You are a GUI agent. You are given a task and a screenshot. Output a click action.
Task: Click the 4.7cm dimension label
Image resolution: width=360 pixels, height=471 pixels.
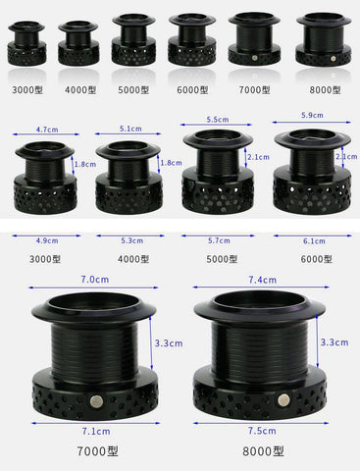tap(47, 130)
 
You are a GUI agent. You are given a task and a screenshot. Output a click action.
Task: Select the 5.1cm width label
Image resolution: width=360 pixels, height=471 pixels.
tap(130, 129)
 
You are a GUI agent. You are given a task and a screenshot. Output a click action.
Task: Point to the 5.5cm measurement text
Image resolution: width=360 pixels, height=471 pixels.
tap(218, 120)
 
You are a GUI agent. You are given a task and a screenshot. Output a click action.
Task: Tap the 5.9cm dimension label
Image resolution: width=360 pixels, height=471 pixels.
tap(312, 115)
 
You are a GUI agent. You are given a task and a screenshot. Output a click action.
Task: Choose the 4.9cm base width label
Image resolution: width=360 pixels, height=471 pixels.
tap(47, 240)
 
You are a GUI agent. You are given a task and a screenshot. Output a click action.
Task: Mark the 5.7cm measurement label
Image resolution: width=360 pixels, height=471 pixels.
tap(219, 240)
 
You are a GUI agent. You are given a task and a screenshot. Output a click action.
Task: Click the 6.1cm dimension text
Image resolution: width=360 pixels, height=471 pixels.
tap(314, 241)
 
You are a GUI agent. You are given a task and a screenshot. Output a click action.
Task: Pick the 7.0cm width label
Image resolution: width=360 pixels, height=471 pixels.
tap(95, 280)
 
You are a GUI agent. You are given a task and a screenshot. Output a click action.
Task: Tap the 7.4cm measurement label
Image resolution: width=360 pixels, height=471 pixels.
tap(262, 280)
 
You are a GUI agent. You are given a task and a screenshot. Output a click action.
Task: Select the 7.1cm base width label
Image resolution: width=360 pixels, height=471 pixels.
tap(96, 431)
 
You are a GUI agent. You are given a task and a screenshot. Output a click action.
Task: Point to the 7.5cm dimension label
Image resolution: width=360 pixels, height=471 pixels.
tap(262, 431)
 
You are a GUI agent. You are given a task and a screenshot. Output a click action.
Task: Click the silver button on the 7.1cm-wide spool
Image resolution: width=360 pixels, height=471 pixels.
tap(96, 400)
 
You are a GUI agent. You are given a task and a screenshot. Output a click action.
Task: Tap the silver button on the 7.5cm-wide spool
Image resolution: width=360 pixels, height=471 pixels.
tap(283, 399)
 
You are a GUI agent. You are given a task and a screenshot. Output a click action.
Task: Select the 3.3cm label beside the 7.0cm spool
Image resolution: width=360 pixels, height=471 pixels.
tap(169, 343)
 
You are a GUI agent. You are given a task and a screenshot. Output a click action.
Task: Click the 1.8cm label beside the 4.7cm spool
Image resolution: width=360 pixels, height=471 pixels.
tap(85, 164)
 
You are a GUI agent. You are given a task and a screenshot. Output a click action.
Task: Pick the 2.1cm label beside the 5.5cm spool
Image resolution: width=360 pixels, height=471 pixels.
tap(258, 157)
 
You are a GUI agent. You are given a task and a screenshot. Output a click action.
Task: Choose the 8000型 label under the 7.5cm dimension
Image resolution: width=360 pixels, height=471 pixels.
tap(263, 451)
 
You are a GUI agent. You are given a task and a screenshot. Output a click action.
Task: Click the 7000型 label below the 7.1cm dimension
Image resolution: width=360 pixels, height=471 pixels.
tap(97, 451)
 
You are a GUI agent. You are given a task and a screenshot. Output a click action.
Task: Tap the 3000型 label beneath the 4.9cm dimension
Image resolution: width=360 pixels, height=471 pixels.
tap(45, 259)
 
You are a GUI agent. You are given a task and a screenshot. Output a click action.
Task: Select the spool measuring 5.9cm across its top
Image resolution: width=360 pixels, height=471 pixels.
tap(312, 171)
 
